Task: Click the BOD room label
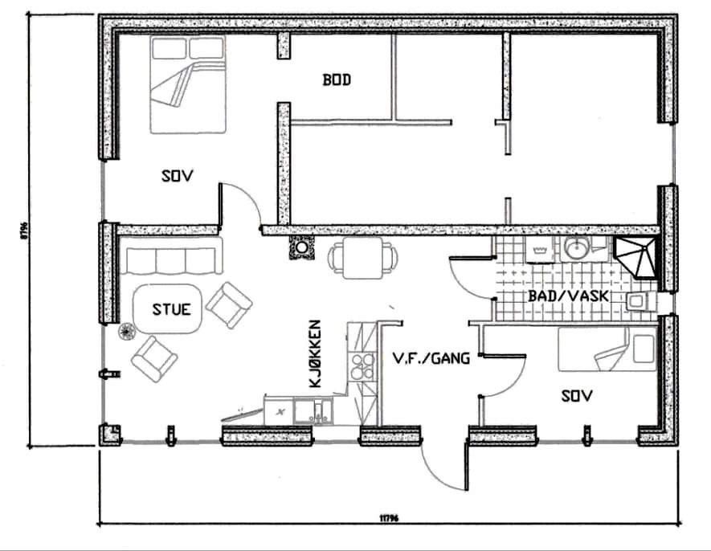(337, 80)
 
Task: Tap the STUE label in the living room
(172, 308)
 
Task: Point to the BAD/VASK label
(566, 296)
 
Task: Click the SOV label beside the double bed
(177, 175)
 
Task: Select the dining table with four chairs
(362, 256)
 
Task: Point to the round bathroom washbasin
(574, 249)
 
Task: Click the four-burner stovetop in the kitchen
(362, 365)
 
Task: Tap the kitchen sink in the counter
(313, 412)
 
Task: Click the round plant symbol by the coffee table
(126, 331)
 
